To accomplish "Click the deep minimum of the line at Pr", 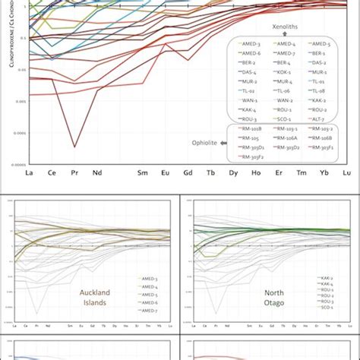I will [74, 146].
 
